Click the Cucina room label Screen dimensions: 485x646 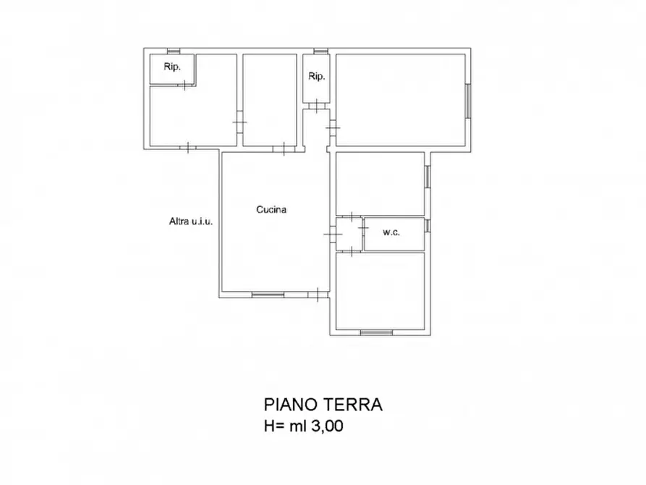(x=271, y=210)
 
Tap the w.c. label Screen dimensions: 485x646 (x=391, y=232)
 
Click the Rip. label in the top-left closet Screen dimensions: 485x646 (x=172, y=67)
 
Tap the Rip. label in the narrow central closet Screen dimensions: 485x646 (x=317, y=76)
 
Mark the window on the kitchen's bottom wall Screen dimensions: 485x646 (x=268, y=294)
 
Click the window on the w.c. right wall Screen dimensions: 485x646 (x=427, y=226)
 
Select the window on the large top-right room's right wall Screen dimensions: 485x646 (x=467, y=101)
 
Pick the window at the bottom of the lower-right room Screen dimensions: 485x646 (x=376, y=332)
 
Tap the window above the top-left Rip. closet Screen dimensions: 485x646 (x=173, y=51)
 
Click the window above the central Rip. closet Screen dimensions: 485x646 (x=320, y=51)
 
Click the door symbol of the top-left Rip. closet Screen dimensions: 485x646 (x=187, y=85)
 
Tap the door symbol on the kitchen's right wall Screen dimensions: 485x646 (x=331, y=235)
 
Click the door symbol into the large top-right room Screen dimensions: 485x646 (x=333, y=128)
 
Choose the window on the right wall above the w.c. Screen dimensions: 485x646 (x=427, y=176)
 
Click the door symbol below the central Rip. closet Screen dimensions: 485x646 (x=316, y=107)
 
